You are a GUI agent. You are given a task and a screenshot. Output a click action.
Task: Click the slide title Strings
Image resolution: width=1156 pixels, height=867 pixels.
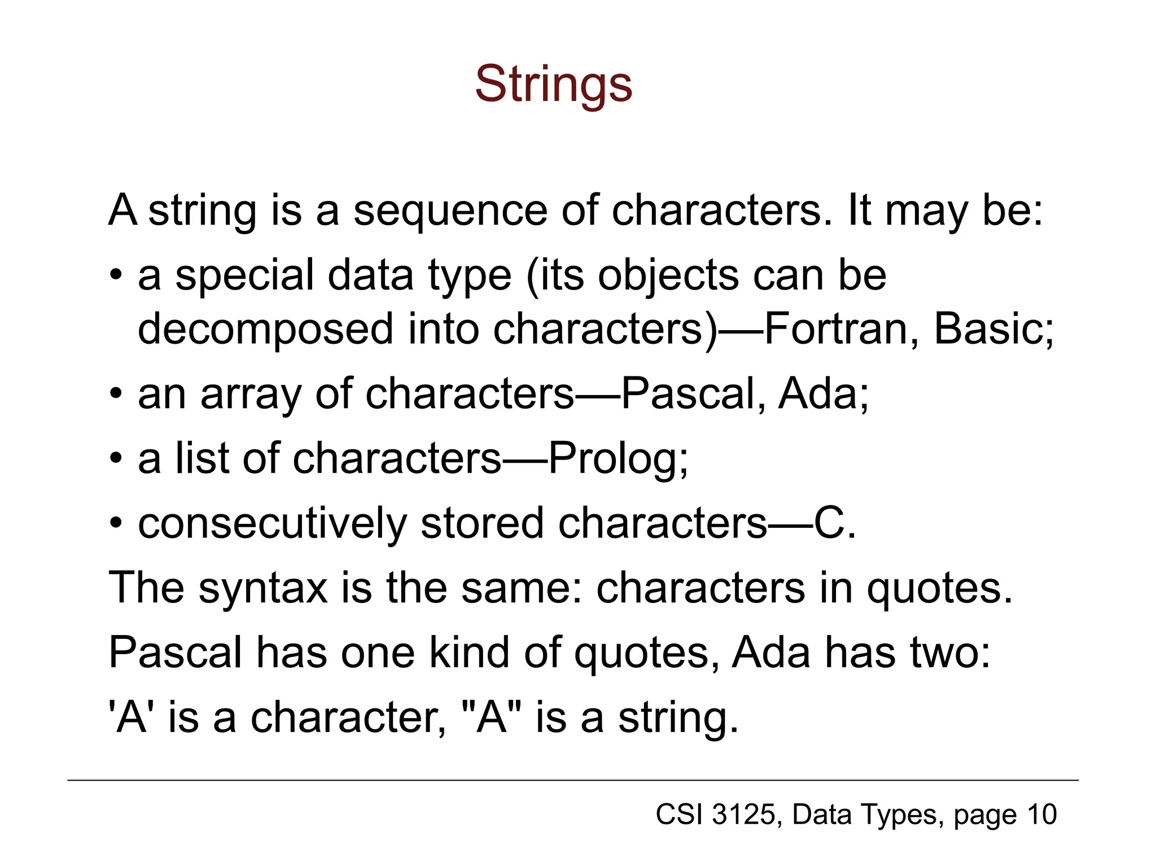tap(553, 85)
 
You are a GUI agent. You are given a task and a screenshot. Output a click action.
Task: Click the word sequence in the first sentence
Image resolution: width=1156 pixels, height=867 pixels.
tap(450, 211)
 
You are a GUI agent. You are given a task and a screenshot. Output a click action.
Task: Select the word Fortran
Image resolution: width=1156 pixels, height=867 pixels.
tap(835, 329)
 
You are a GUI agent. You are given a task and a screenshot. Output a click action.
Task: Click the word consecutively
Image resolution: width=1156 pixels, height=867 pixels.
tap(272, 524)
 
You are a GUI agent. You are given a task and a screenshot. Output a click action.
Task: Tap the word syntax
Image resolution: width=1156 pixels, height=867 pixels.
tap(263, 589)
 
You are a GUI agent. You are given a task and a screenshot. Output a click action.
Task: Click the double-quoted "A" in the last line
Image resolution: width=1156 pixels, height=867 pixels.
tap(492, 718)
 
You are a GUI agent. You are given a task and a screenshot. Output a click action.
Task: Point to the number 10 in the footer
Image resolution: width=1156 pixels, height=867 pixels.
tap(1042, 815)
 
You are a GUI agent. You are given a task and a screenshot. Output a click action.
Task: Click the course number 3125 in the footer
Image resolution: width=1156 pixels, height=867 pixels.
tap(743, 815)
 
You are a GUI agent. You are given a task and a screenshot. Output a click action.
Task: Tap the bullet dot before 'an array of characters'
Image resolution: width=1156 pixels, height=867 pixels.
tap(116, 393)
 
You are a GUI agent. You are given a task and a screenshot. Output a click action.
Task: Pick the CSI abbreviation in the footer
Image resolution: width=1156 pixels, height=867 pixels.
tap(679, 815)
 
